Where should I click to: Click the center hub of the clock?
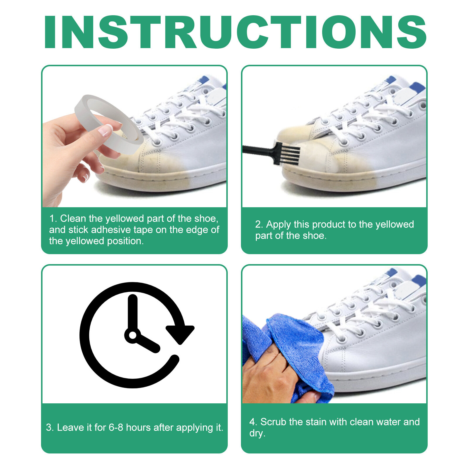coord(133,335)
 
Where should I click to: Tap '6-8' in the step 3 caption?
coord(116,428)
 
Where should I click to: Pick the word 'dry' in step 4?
coord(256,433)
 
